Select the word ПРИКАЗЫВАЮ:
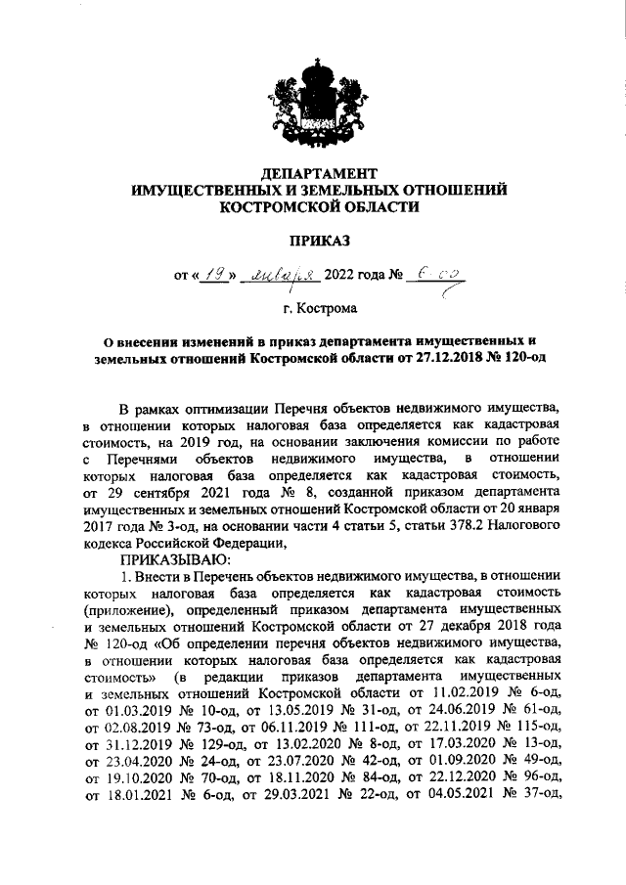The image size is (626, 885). coord(174,559)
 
